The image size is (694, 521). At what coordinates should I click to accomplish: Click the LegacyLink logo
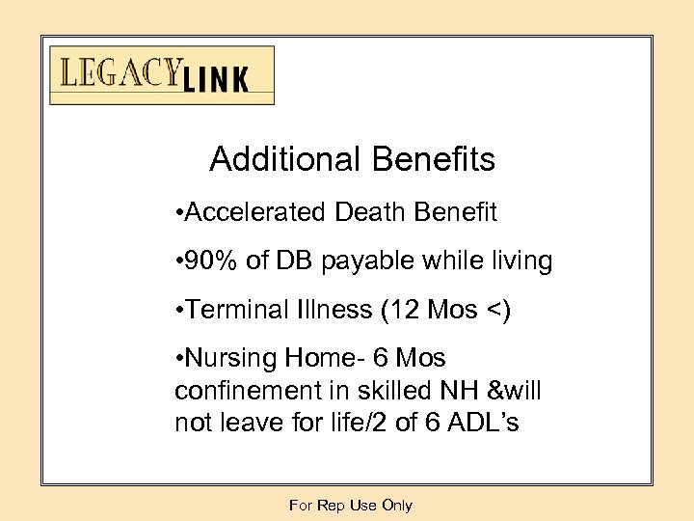pos(162,75)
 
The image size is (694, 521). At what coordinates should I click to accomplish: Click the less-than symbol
pos(494,311)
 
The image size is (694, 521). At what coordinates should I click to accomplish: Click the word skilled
pos(395,391)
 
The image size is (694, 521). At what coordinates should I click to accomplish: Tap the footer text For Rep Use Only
pos(351,506)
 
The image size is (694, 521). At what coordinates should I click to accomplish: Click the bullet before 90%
pos(179,261)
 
